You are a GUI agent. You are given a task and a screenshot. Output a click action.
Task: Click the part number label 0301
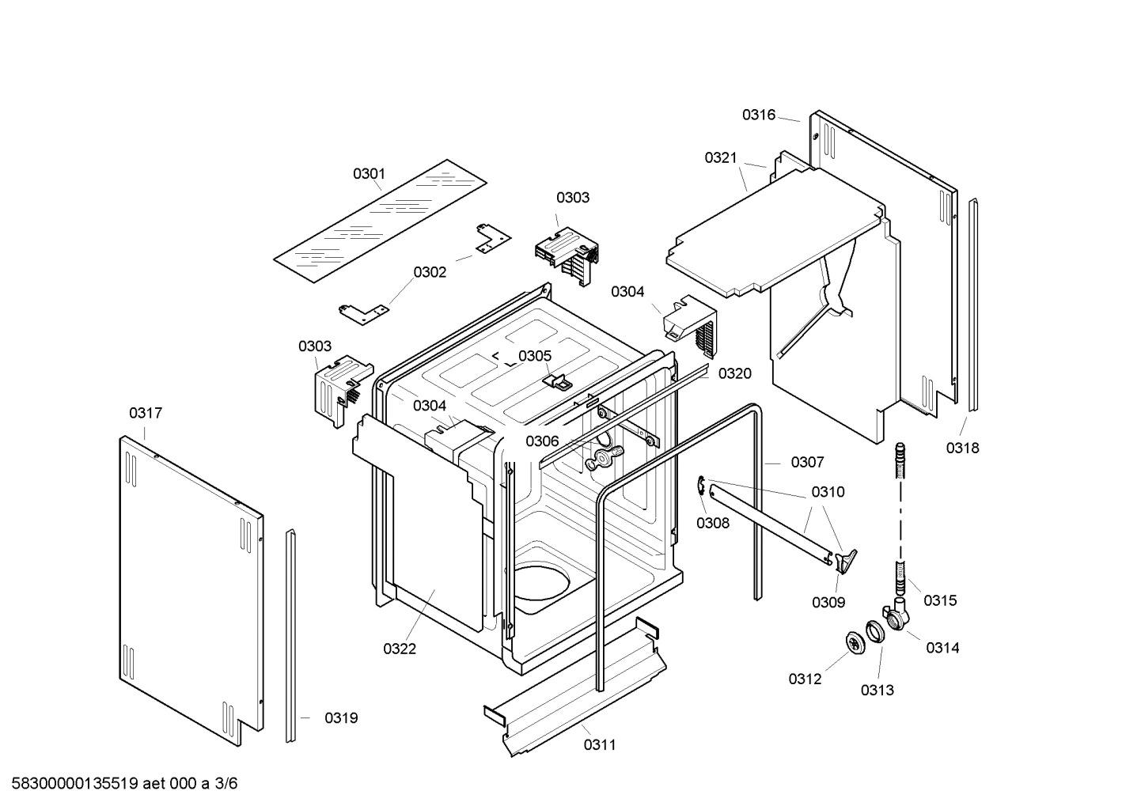pos(369,173)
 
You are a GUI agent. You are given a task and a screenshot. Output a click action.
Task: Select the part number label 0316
pos(758,115)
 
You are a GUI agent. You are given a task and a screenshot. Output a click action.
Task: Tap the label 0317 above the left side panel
pos(146,413)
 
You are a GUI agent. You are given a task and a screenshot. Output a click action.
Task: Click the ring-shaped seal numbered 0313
pos(875,632)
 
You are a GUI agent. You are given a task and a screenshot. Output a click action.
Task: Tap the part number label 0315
pos(940,600)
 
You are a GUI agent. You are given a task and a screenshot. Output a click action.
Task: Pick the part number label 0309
pos(828,602)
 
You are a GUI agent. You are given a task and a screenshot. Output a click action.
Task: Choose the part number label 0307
pos(807,462)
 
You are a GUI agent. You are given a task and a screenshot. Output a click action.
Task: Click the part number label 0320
pos(734,373)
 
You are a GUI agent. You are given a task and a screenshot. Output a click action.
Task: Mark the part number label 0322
pos(400,649)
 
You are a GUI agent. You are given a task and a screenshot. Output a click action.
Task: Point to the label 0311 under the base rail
pos(600,744)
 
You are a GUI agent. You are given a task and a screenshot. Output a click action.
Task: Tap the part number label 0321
pos(721,158)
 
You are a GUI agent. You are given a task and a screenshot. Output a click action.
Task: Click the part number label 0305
pos(535,356)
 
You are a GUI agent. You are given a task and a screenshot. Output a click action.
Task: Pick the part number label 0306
pos(542,441)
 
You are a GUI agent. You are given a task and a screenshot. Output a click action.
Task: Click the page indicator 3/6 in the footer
pos(226,784)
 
